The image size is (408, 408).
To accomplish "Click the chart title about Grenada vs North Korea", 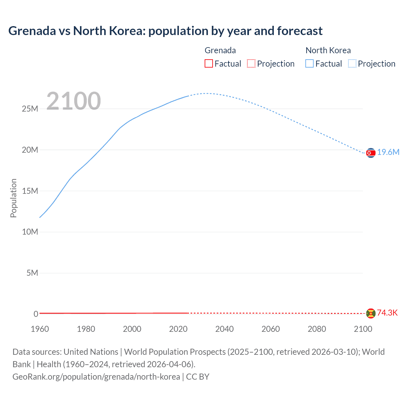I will (165, 31).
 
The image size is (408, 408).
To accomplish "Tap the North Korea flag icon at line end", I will (371, 153).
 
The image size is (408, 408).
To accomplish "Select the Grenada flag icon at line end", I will (371, 313).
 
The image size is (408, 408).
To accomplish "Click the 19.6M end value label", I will (388, 152).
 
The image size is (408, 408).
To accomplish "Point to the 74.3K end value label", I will (387, 313).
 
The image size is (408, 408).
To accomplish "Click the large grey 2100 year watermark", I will (74, 101).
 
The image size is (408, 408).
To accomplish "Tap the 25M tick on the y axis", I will (30, 109).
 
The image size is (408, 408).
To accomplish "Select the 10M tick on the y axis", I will (30, 232).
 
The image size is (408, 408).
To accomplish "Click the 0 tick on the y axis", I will (36, 314).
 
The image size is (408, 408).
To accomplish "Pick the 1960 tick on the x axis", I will (40, 329).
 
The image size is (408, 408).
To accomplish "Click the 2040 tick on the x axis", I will (224, 329).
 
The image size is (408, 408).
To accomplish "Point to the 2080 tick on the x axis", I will (317, 329).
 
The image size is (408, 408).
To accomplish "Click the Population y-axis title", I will (13, 198).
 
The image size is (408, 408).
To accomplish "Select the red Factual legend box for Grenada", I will (209, 63).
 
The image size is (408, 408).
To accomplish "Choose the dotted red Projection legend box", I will (251, 63).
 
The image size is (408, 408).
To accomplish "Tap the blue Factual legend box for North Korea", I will (310, 63).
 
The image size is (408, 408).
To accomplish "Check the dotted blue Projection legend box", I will (352, 63).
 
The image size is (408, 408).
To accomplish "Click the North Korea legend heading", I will (328, 50).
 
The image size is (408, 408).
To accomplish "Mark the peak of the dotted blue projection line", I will (207, 93).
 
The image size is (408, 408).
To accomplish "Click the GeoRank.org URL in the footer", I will (96, 377).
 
